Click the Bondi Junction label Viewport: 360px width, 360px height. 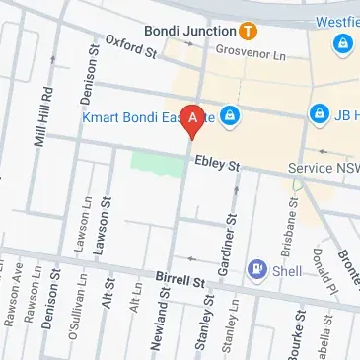pos(188,29)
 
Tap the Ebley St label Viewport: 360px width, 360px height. pos(217,165)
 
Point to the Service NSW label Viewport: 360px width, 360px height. pos(324,169)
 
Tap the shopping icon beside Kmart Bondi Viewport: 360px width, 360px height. pos(229,117)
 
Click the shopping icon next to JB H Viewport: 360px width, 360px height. pos(320,116)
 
